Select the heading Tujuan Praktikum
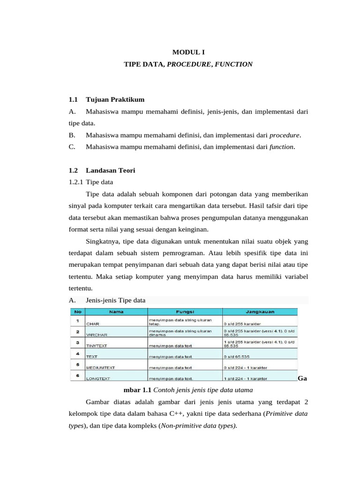point(115,100)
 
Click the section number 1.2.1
point(75,182)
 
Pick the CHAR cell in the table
point(93,323)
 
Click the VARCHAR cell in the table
point(97,335)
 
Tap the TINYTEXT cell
point(97,346)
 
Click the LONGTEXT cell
point(97,378)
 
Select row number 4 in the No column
point(76,353)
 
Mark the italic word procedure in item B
point(285,135)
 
